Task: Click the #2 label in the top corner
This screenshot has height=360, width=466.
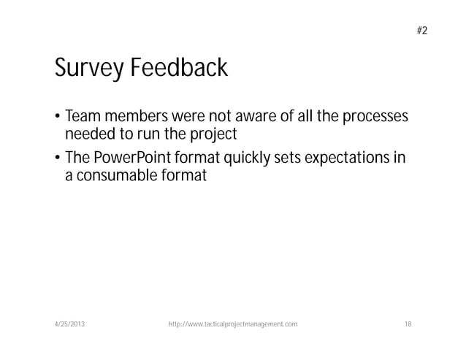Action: (421, 31)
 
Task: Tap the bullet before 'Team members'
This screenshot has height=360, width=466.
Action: (58, 118)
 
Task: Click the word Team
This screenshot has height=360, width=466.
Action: (81, 118)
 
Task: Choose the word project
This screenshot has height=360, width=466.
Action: (218, 135)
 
